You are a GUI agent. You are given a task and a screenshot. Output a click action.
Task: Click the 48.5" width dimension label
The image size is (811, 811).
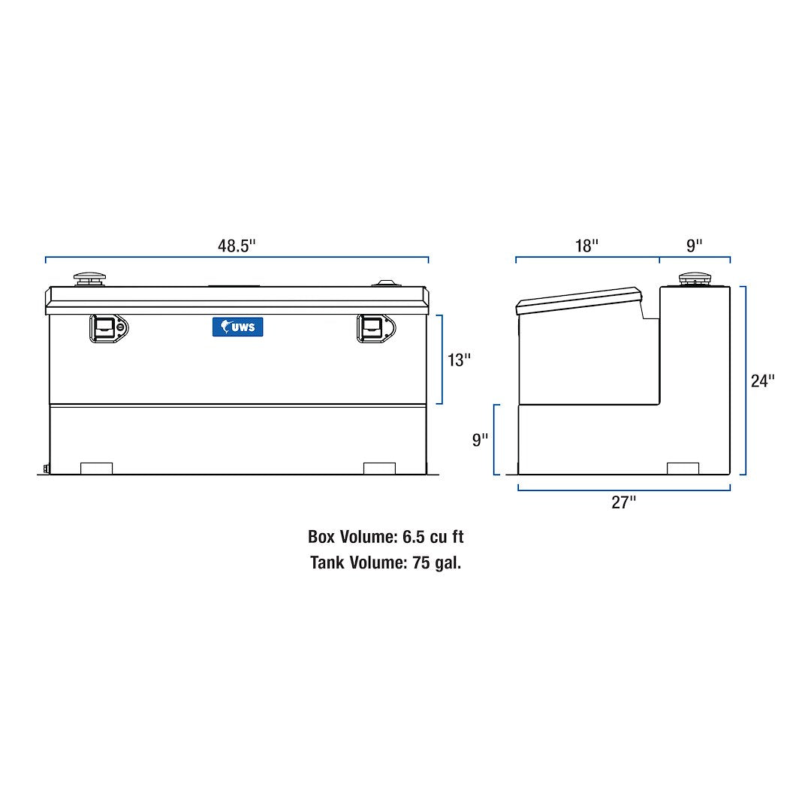click(x=237, y=246)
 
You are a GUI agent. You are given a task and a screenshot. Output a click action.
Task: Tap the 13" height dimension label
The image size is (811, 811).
click(x=459, y=360)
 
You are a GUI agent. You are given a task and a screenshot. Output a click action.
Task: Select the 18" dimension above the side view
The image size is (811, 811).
click(x=587, y=246)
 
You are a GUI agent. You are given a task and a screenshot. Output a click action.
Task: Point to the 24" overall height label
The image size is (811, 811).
click(x=762, y=381)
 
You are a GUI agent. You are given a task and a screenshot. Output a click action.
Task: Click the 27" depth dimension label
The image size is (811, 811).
click(x=623, y=503)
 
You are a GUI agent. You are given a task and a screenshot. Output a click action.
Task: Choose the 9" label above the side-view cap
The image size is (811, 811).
click(x=695, y=246)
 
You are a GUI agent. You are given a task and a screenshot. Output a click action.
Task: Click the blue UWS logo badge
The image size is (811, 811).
click(x=237, y=327)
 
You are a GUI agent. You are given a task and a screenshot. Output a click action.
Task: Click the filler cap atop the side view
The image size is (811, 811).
click(x=695, y=280)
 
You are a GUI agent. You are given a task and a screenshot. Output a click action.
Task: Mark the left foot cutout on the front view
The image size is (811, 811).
click(x=96, y=468)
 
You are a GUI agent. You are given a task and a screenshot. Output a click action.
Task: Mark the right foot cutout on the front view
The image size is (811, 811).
click(x=379, y=468)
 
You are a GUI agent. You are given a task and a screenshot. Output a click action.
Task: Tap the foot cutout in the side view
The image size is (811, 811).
click(x=683, y=468)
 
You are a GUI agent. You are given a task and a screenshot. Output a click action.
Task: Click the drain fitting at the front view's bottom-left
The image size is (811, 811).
click(x=46, y=470)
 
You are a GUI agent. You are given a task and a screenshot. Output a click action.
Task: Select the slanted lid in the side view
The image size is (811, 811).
click(x=578, y=300)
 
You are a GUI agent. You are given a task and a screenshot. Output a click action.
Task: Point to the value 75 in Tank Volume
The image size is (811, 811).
click(x=421, y=562)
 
